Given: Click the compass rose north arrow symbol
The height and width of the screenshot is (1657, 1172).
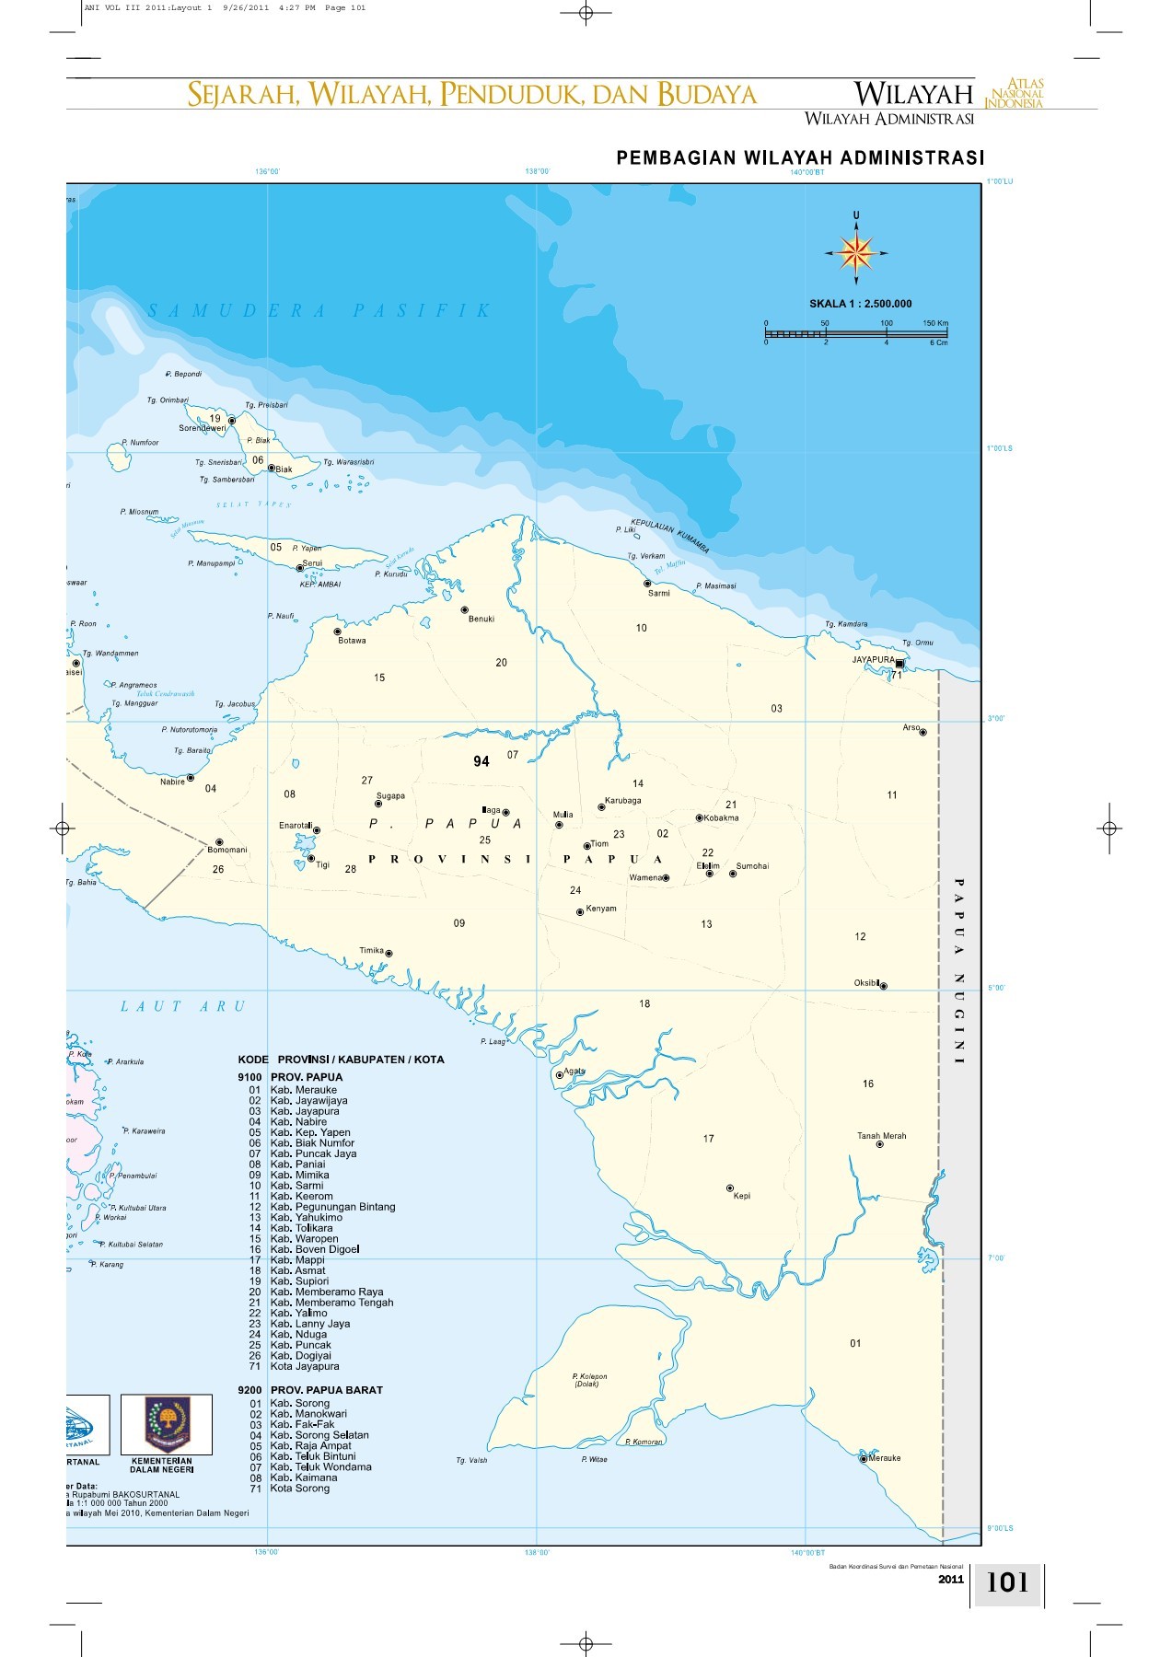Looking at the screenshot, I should [856, 251].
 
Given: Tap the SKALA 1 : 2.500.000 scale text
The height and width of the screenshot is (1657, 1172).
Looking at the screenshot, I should [860, 304].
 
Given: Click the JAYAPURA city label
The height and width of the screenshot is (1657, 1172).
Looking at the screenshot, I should [873, 660].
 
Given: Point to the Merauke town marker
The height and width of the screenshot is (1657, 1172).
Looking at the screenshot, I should [864, 1458].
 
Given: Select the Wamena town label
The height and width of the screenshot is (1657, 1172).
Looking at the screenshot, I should [645, 877].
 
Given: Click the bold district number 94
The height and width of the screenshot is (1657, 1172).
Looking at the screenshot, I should [482, 761].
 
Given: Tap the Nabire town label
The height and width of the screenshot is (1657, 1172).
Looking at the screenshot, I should [172, 782].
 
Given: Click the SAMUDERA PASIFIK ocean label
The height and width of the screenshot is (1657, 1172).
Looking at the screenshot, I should [320, 311].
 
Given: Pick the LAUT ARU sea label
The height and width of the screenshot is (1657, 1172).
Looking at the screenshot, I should [183, 1006].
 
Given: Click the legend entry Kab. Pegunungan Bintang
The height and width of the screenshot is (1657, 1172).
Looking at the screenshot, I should [332, 1207].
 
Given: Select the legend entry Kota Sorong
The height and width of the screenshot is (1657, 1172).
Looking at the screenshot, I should [299, 1488].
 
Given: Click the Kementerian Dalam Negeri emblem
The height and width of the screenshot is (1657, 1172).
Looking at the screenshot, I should [166, 1423].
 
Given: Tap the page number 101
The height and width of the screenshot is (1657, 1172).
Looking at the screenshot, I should [1007, 1582].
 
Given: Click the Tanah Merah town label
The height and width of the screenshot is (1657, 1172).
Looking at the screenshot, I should [881, 1135].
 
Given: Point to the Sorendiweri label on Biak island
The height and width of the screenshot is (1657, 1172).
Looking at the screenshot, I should [202, 428].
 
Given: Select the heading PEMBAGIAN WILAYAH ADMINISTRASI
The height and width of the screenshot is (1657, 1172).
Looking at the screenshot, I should [800, 157].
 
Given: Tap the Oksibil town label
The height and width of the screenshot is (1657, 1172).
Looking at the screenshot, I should [866, 982].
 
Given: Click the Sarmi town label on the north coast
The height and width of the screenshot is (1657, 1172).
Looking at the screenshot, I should [658, 593].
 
